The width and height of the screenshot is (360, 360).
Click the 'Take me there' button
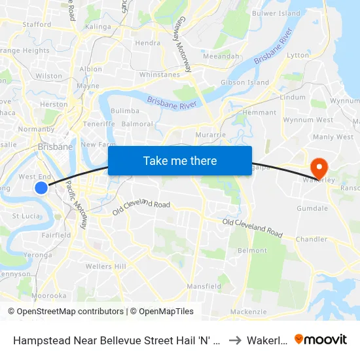180,160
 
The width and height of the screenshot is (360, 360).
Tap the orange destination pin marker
320,166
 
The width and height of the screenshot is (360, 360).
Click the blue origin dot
41,188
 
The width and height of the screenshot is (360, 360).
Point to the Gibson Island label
245,82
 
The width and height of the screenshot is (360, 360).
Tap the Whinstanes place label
160,75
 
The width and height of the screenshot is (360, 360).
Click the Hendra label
147,43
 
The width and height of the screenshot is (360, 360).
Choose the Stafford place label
37,24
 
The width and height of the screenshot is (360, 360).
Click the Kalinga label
98,27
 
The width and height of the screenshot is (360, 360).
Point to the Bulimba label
124,111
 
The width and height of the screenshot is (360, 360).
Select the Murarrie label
211,135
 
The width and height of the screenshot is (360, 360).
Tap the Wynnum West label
316,120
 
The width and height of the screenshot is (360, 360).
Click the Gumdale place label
312,208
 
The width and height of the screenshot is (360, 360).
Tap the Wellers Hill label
106,266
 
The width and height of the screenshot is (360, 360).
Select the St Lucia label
26,215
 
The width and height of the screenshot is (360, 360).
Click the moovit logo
321,339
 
